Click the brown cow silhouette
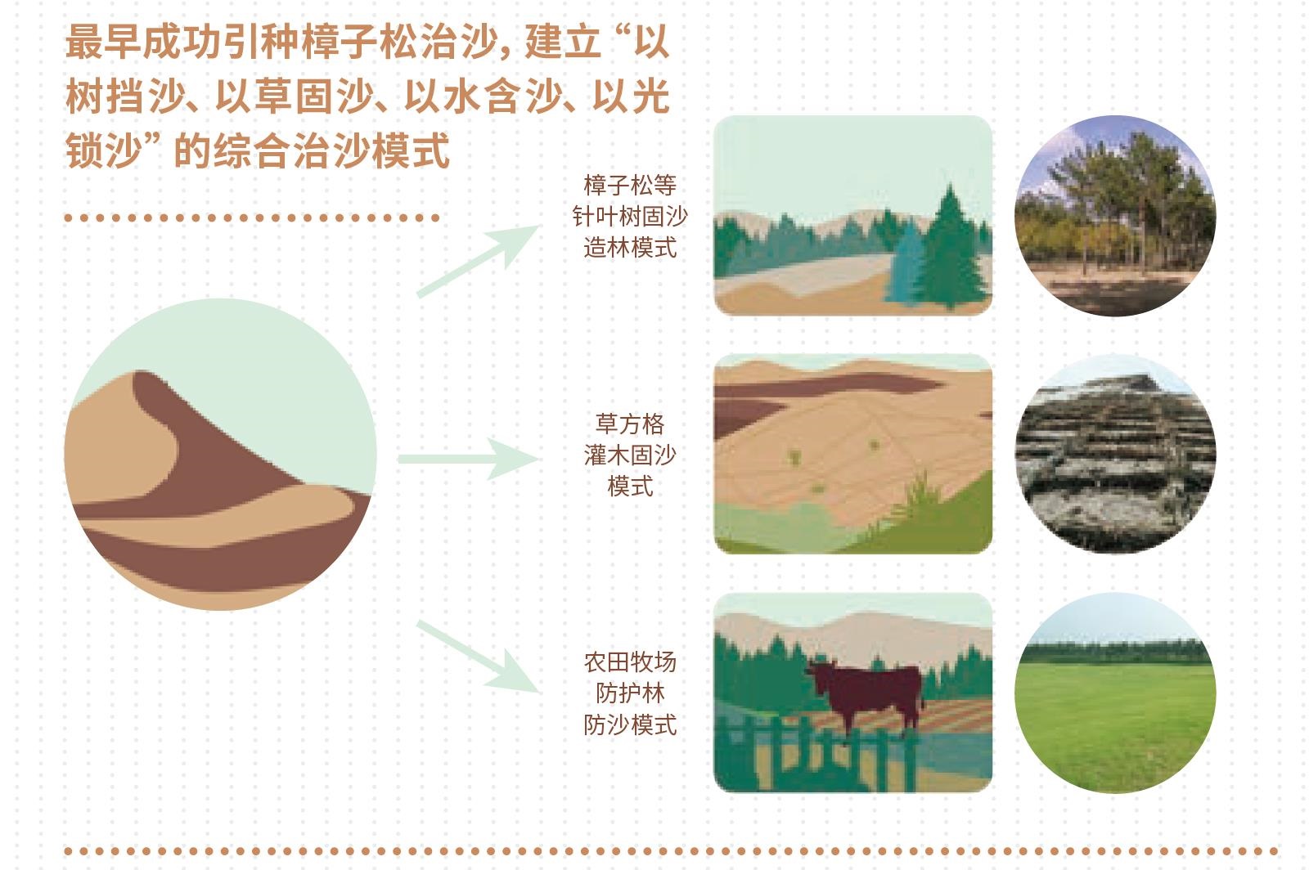tap(865, 695)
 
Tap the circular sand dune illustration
tap(220, 455)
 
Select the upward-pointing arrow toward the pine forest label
tap(478, 260)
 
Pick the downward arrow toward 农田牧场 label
tap(478, 657)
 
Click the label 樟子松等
tap(630, 185)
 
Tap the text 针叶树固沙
tap(630, 217)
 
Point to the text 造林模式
tap(630, 248)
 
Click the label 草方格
tap(630, 424)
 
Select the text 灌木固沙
tap(630, 455)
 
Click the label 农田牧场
tap(630, 662)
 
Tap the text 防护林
tap(630, 693)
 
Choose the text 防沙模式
tap(630, 725)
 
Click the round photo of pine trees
tap(1116, 216)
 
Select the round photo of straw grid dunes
tap(1116, 454)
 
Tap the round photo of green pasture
tap(1116, 693)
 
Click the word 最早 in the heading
tap(103, 42)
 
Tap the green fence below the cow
tap(818, 753)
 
